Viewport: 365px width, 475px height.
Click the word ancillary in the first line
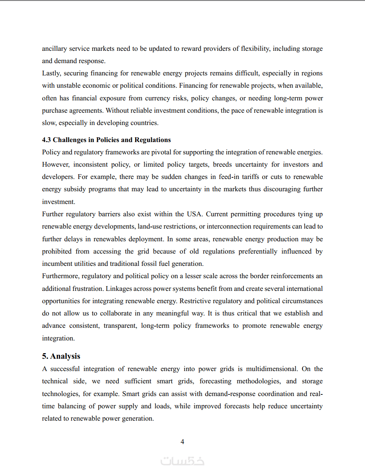coord(54,49)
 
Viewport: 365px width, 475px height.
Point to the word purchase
coord(54,111)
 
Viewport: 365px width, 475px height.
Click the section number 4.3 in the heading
coord(47,140)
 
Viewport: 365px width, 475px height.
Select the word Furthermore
coord(60,276)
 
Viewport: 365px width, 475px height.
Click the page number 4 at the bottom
coord(182,442)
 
